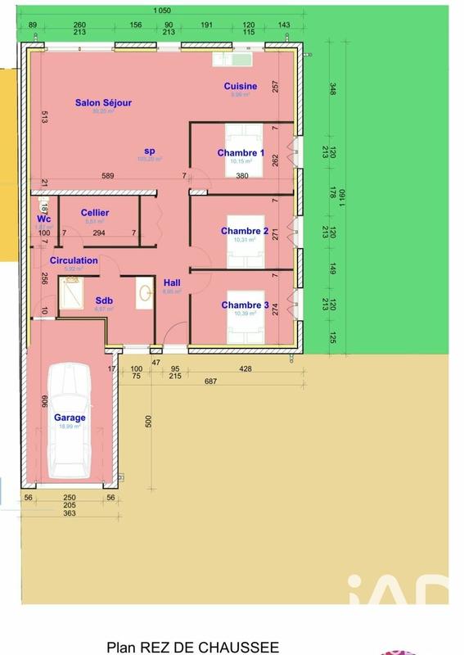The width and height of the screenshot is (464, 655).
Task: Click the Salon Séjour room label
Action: [103, 102]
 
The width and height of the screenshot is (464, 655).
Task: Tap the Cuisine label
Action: [241, 86]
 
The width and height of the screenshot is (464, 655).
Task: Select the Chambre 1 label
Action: [241, 153]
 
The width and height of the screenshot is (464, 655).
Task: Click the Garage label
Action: [70, 418]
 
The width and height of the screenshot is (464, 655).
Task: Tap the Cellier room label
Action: [95, 213]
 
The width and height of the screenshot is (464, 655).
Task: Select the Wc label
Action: [43, 219]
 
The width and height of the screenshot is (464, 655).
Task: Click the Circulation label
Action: [74, 260]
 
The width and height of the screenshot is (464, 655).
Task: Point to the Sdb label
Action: [104, 300]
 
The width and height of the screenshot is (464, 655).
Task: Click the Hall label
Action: [172, 282]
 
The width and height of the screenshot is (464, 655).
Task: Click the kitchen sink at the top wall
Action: [232, 59]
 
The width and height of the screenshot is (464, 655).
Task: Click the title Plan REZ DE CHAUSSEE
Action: [192, 647]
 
